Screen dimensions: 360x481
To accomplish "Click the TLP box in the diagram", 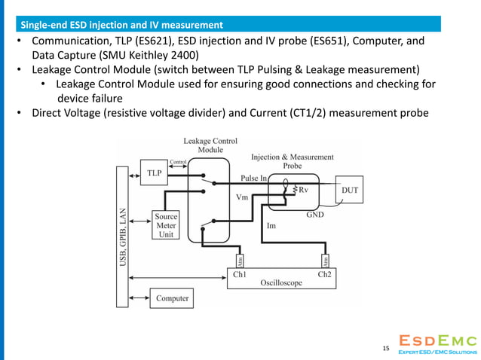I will click(153, 172).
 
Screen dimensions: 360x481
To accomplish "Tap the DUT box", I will click(350, 191).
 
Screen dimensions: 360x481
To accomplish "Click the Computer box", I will click(173, 298).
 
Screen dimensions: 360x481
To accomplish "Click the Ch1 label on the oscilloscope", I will click(240, 274).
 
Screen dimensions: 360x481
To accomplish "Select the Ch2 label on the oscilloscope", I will click(324, 274).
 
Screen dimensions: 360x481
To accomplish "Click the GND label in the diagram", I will click(315, 214).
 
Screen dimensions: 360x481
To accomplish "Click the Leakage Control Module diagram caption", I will click(210, 145).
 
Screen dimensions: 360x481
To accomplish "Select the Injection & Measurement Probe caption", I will click(292, 160).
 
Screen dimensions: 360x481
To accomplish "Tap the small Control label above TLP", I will click(179, 161).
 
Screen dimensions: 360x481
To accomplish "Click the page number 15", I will click(386, 348).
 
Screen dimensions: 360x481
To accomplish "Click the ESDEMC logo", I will click(437, 343).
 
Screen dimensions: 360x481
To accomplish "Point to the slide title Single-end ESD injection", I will click(121, 26).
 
